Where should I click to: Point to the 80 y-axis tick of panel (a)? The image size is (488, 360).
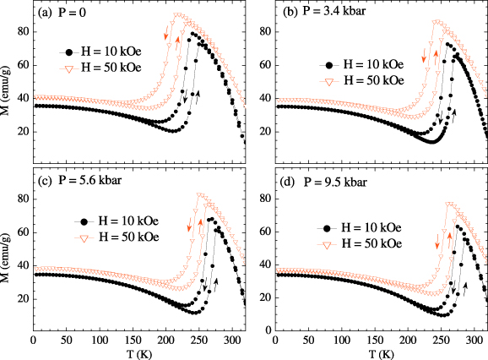(23, 32)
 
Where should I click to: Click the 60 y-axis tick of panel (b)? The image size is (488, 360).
(266, 65)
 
